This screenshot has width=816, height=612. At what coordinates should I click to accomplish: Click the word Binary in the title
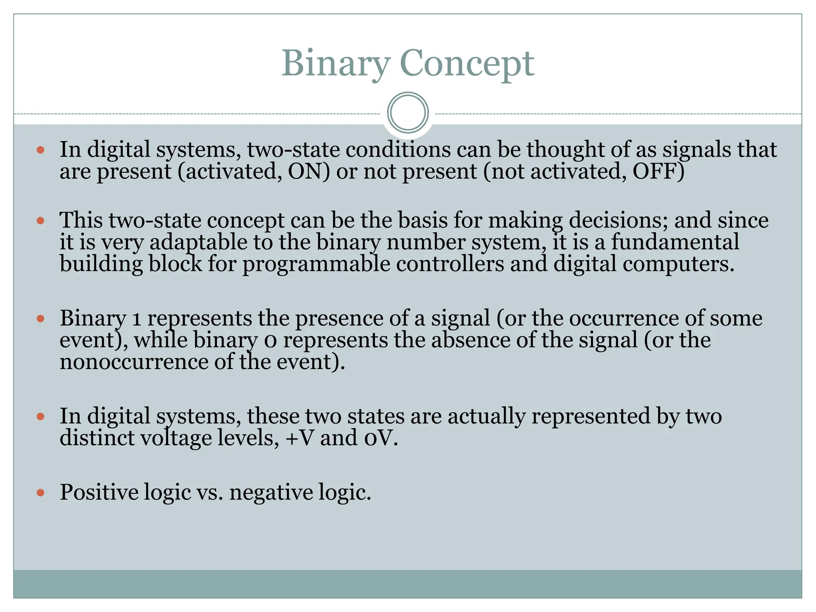336,64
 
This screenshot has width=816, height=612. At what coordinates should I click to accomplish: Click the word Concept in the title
467,64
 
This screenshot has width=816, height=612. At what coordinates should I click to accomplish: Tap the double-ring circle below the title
408,113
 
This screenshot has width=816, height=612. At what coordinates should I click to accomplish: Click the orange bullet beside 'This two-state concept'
40,220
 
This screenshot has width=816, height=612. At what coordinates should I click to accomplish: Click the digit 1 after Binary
137,319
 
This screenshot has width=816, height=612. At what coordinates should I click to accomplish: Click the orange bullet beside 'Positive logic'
40,493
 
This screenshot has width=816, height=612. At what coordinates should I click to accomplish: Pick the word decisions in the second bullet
618,220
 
